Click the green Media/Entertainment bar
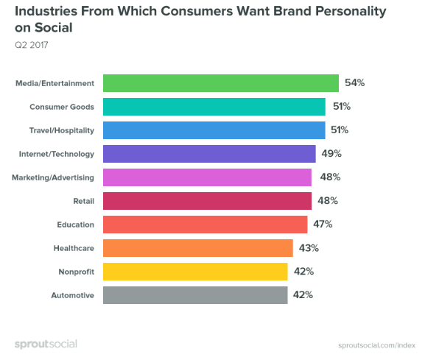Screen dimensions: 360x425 [220, 83]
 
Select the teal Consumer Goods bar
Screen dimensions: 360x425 [214, 107]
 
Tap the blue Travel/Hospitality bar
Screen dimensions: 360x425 [214, 130]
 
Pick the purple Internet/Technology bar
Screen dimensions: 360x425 [209, 154]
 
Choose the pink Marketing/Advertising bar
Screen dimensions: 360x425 [207, 177]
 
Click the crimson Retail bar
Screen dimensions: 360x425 [207, 201]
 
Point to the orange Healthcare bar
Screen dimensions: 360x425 [197, 248]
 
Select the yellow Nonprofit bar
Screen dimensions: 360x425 [195, 272]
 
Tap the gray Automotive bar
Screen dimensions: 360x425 [195, 295]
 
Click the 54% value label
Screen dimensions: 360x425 [354, 83]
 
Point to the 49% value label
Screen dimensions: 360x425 [331, 154]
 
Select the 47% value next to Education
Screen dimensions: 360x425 [323, 225]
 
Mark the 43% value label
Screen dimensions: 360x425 [309, 248]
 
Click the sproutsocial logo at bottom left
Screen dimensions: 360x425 [46, 343]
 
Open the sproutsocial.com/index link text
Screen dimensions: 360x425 [376, 344]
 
